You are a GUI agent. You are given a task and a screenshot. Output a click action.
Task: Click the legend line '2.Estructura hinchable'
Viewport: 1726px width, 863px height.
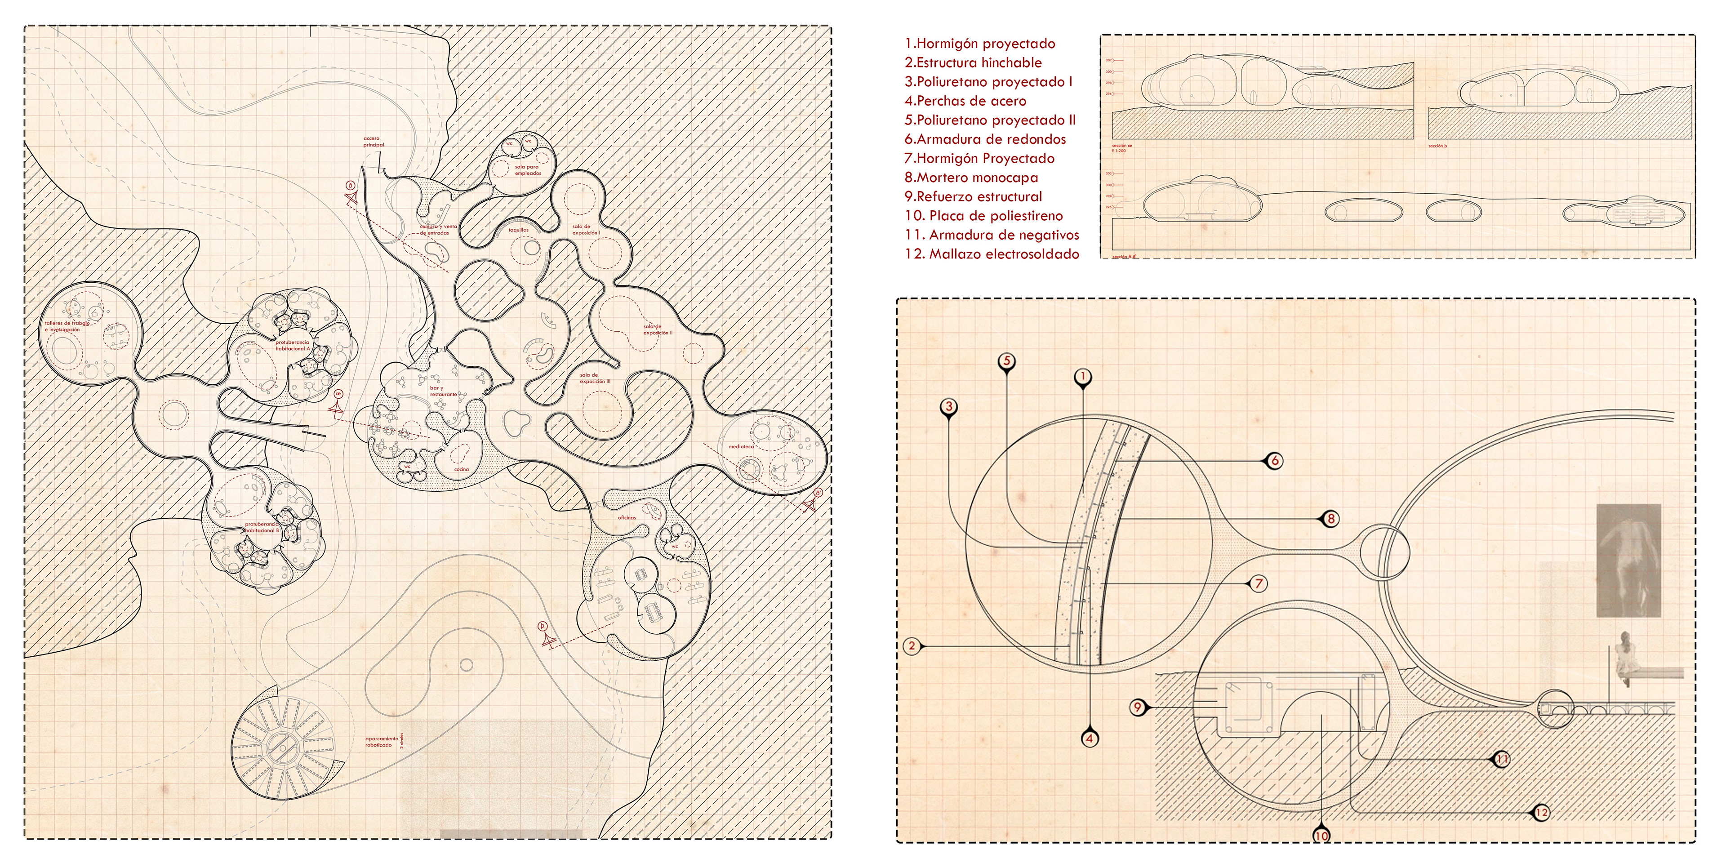[x=973, y=63]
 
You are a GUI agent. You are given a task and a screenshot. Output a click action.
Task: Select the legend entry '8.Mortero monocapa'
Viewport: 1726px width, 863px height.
[x=971, y=178]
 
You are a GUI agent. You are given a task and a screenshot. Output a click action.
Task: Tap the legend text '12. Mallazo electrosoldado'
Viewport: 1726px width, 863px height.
[x=992, y=254]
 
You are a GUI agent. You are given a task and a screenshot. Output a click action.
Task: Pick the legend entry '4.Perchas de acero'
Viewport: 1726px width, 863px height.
[x=965, y=101]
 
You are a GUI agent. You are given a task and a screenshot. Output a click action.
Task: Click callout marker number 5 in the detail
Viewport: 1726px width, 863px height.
[x=1006, y=361]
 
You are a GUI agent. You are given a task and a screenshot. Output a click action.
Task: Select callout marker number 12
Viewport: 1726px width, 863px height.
[x=1541, y=813]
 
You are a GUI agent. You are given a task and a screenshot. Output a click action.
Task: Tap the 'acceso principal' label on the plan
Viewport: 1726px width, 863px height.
[x=373, y=142]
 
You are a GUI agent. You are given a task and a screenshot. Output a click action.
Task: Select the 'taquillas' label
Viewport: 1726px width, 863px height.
[x=519, y=230]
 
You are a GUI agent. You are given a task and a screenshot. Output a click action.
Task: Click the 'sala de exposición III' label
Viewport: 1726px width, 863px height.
[x=595, y=378]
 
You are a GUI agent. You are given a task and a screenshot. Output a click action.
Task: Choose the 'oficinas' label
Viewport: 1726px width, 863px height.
[x=627, y=518]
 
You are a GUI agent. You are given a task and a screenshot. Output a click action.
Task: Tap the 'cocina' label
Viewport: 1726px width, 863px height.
[x=462, y=470]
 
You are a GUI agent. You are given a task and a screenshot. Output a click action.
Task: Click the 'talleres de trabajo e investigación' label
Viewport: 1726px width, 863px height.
[x=67, y=326]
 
